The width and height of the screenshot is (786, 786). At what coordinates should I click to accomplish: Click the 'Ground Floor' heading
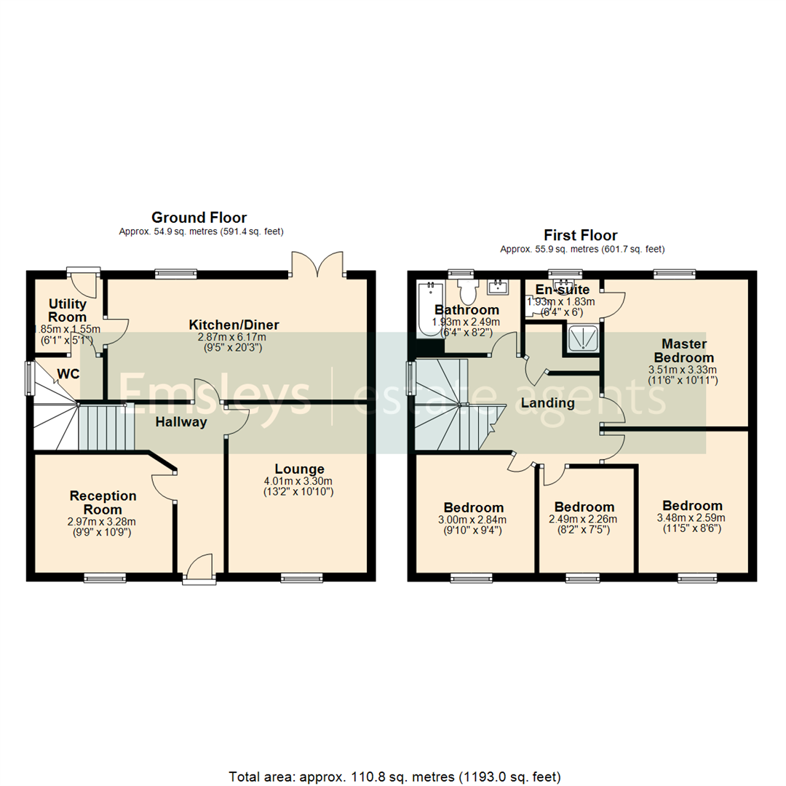[x=199, y=217]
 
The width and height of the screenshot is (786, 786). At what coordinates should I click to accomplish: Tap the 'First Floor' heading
[x=580, y=235]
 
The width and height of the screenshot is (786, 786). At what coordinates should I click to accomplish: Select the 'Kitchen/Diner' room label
[x=223, y=325]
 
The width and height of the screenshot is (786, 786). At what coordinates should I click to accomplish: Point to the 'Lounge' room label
[x=299, y=469]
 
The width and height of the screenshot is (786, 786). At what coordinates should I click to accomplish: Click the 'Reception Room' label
[x=103, y=502]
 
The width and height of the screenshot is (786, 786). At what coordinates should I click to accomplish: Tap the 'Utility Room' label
[x=68, y=310]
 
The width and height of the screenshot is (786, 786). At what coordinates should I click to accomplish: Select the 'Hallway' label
[x=181, y=421]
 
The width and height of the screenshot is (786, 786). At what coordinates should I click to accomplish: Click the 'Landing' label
[x=547, y=402]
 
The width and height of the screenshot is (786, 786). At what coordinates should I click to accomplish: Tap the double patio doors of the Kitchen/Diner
[x=317, y=266]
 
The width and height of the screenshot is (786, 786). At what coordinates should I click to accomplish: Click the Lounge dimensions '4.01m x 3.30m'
[x=299, y=481]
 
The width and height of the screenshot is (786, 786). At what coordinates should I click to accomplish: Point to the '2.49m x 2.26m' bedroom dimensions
[x=584, y=519]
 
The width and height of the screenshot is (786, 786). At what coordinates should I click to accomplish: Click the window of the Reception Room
[x=105, y=579]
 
